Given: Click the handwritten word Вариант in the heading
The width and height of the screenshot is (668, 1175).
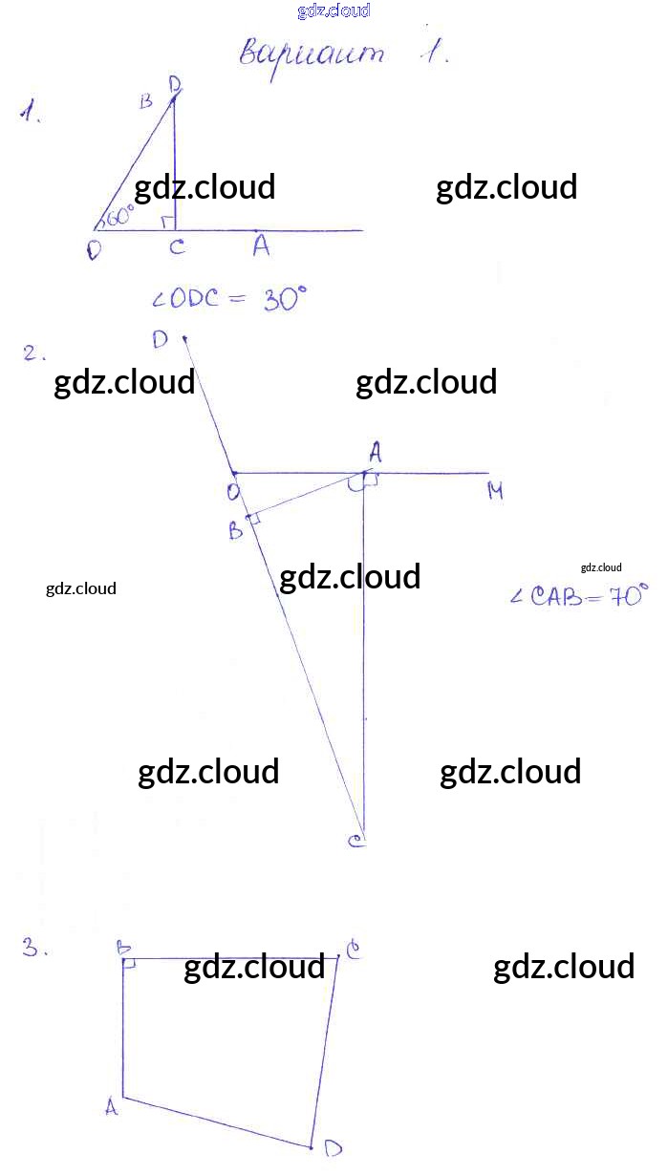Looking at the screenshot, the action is (x=311, y=53).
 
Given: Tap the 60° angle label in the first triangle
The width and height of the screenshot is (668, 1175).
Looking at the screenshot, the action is (x=121, y=215).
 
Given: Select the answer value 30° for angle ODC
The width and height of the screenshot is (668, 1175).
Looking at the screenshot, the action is (x=285, y=300).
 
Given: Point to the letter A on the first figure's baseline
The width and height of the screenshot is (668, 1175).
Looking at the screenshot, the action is (x=261, y=246).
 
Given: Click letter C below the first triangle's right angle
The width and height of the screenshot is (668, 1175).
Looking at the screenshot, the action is (x=177, y=248).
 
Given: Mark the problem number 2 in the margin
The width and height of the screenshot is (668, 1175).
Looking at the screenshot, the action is (x=34, y=354).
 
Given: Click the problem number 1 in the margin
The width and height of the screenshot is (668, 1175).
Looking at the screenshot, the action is (x=31, y=115).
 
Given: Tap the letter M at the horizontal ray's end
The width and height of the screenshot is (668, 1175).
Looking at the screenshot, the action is (x=495, y=491).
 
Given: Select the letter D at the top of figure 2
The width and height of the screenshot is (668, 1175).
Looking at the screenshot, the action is (x=160, y=339).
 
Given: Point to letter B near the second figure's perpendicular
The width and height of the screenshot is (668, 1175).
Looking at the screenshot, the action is (x=236, y=530).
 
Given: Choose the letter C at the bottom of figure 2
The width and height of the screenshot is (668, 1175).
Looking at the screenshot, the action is (x=356, y=842).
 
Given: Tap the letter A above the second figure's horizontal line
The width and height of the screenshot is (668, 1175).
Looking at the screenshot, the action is (x=376, y=451).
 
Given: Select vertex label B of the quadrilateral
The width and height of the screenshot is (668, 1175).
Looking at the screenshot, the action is (x=123, y=947).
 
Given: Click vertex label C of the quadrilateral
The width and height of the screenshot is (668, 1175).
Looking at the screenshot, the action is (x=353, y=951).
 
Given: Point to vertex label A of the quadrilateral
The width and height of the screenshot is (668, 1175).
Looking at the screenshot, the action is (x=111, y=1107).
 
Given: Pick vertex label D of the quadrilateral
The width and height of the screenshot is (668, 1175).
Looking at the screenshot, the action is (x=333, y=1147).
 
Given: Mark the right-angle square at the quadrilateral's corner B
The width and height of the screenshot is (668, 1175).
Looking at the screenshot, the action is (x=130, y=965).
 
